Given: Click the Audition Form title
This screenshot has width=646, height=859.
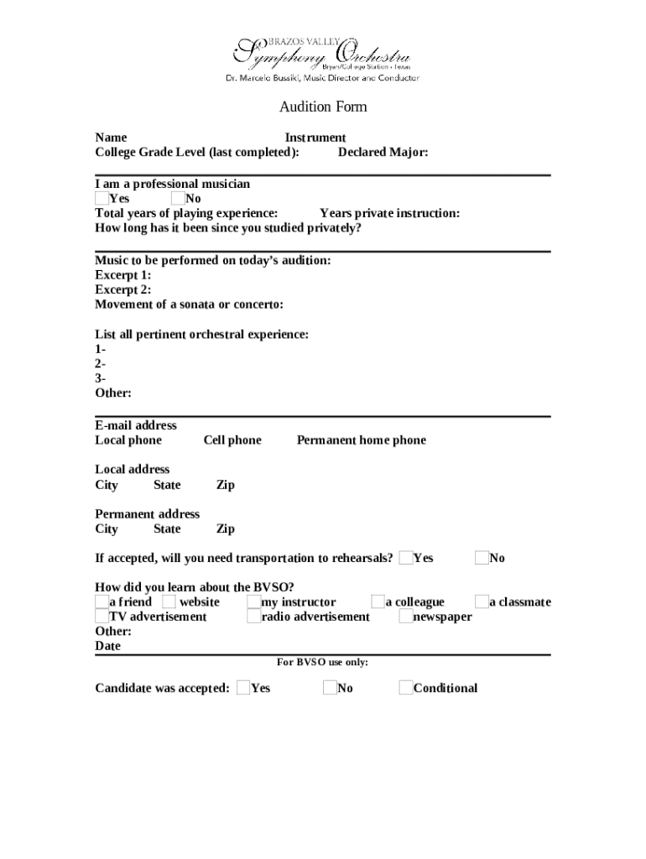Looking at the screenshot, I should pyautogui.click(x=323, y=107).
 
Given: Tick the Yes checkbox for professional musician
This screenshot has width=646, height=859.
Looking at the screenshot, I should pyautogui.click(x=102, y=199).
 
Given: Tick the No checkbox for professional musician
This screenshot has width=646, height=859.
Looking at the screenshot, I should pyautogui.click(x=177, y=199).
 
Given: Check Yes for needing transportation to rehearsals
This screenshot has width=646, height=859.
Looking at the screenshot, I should pyautogui.click(x=406, y=558).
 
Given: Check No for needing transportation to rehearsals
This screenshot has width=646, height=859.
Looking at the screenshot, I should pyautogui.click(x=482, y=558).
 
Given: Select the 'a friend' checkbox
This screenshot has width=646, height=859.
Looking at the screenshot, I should pyautogui.click(x=102, y=601).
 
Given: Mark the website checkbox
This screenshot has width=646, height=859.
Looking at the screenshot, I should pyautogui.click(x=169, y=601).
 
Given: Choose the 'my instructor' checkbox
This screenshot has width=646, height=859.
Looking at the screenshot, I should pyautogui.click(x=253, y=601).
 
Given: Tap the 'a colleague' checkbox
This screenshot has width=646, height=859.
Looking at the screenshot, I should pyautogui.click(x=378, y=601).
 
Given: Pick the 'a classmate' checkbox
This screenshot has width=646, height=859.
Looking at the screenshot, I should pyautogui.click(x=482, y=601).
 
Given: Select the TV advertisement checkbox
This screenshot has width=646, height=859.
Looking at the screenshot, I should pyautogui.click(x=102, y=617).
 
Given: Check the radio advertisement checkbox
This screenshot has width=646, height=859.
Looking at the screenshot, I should pyautogui.click(x=253, y=617).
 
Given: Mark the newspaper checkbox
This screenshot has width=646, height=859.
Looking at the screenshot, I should pyautogui.click(x=406, y=617).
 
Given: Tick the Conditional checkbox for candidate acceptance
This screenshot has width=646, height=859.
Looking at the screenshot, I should pyautogui.click(x=406, y=689).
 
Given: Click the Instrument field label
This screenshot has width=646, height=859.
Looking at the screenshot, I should pyautogui.click(x=315, y=138).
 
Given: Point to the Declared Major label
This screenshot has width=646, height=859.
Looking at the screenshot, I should pyautogui.click(x=383, y=153).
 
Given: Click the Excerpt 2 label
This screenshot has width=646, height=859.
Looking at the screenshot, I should pyautogui.click(x=123, y=289).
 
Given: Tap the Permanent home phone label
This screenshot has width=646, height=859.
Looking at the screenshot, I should pyautogui.click(x=361, y=440).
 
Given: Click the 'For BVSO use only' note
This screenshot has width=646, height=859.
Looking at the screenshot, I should pyautogui.click(x=323, y=663).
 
